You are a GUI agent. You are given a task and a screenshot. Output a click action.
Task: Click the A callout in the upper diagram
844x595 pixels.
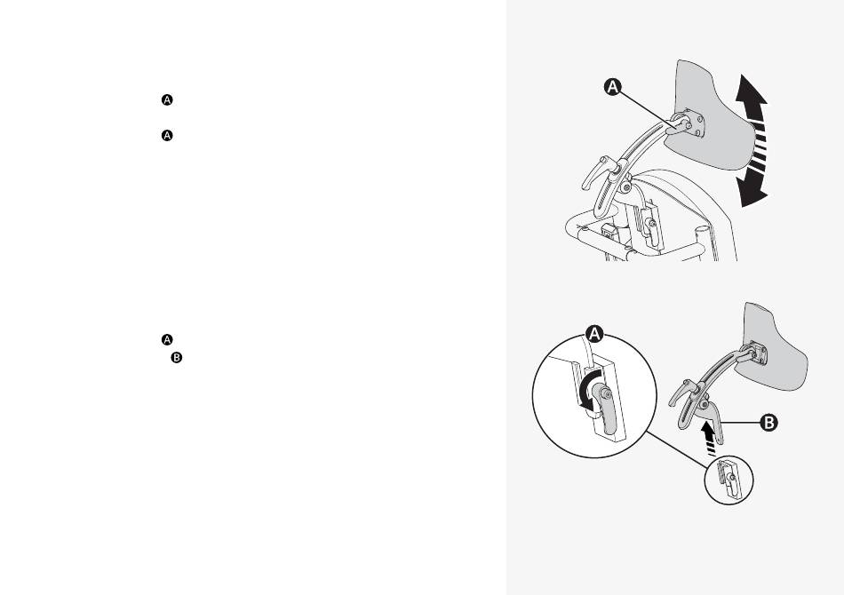(612, 86)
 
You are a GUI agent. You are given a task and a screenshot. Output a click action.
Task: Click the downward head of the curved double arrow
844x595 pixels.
(752, 191)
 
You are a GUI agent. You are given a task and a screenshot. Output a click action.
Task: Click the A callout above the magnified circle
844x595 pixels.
(594, 334)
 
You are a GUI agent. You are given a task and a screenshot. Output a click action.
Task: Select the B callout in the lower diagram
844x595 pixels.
(768, 423)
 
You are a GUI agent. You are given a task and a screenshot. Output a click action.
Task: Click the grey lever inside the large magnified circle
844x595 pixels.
(605, 411)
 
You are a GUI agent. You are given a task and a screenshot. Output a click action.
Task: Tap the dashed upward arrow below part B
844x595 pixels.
(711, 438)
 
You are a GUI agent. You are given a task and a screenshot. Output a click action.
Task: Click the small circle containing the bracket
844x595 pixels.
(729, 480)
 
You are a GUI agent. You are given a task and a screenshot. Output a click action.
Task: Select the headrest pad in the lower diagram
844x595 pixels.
(775, 350)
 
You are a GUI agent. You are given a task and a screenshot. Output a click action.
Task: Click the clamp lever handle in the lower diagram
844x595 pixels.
(681, 393)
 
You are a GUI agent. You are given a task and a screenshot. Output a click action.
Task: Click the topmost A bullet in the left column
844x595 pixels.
(167, 100)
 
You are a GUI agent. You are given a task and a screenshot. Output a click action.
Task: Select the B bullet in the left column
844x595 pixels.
(177, 357)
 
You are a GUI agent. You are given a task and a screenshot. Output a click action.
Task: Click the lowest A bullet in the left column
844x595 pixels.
(167, 340)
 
